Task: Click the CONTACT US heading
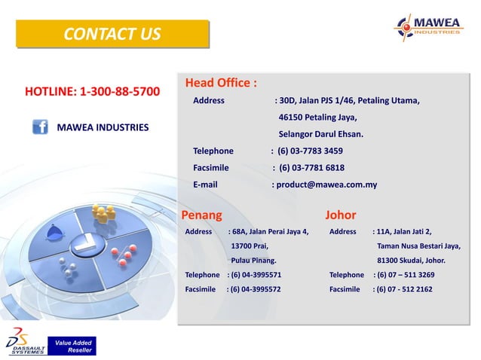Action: click(112, 34)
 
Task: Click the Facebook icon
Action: click(41, 127)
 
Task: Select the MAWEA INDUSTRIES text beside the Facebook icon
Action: click(103, 127)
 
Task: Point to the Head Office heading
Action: click(221, 82)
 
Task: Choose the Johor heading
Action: click(340, 215)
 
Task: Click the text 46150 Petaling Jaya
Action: click(317, 117)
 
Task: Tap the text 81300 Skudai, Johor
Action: click(411, 261)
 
